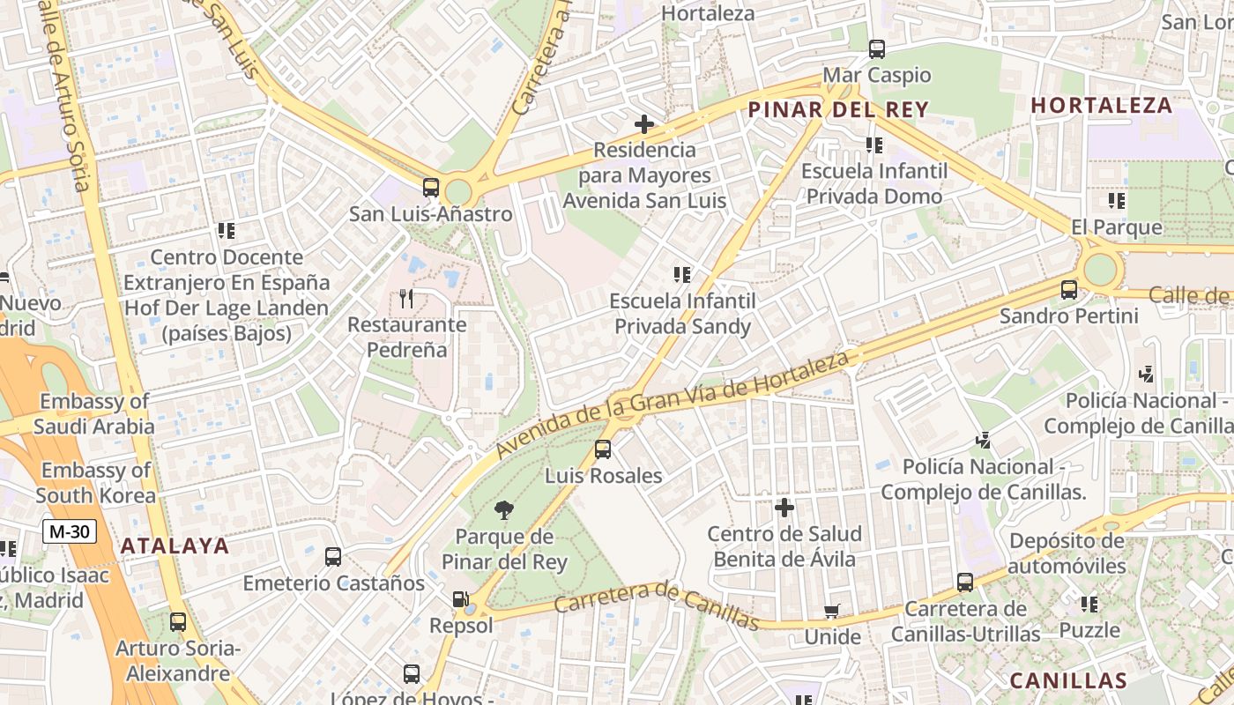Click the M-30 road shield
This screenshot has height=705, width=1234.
pyautogui.click(x=69, y=531)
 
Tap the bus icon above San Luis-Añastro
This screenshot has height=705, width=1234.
pyautogui.click(x=430, y=187)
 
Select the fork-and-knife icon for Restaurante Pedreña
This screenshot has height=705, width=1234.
pyautogui.click(x=406, y=299)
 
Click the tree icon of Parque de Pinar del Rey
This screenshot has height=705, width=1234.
pyautogui.click(x=504, y=509)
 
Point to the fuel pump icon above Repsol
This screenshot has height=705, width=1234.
pyautogui.click(x=460, y=600)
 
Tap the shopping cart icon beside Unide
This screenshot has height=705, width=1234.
pyautogui.click(x=831, y=611)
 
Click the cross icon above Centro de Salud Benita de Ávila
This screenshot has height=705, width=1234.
pyautogui.click(x=784, y=508)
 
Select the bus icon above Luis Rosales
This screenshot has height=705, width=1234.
pyautogui.click(x=603, y=449)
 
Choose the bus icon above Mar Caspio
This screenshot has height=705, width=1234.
pyautogui.click(x=876, y=49)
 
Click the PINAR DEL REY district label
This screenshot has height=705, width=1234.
pyautogui.click(x=837, y=109)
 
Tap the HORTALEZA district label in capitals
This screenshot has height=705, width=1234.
pyautogui.click(x=1102, y=106)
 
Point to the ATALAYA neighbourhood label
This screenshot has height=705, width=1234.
pyautogui.click(x=175, y=545)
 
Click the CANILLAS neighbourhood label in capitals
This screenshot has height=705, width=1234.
pyautogui.click(x=1068, y=680)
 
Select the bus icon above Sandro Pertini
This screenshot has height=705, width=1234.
pyautogui.click(x=1069, y=289)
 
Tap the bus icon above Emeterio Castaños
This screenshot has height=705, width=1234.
pyautogui.click(x=333, y=557)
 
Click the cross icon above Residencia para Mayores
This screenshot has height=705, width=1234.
pyautogui.click(x=644, y=124)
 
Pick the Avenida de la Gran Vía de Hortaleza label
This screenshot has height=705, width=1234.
pyautogui.click(x=673, y=404)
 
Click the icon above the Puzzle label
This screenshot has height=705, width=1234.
pyautogui.click(x=1089, y=605)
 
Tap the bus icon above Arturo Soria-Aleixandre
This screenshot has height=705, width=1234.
pyautogui.click(x=178, y=622)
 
